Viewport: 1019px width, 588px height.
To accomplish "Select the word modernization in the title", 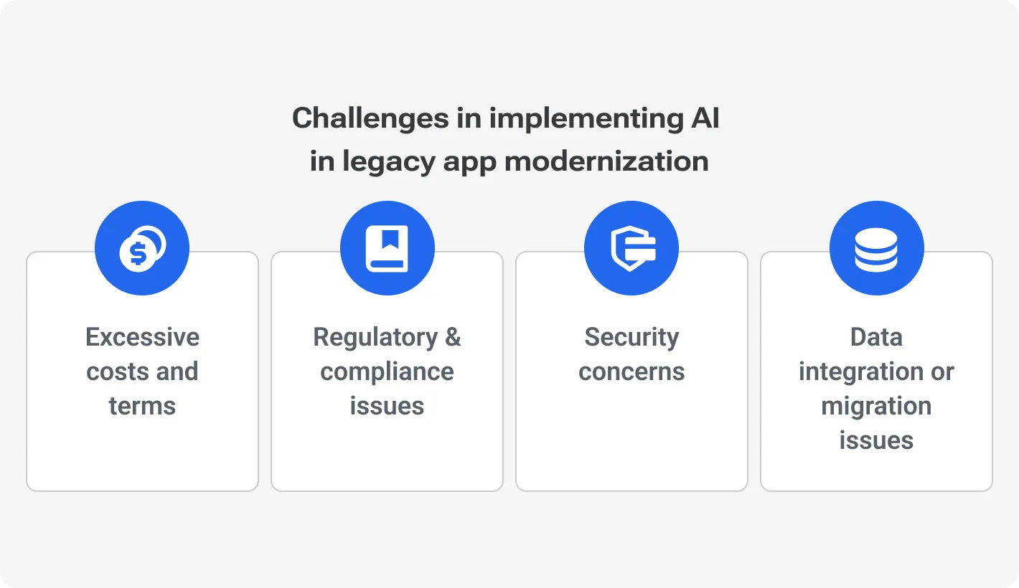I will [x=606, y=161].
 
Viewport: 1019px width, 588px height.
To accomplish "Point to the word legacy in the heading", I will [x=388, y=162].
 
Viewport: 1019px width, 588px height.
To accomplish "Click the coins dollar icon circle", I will [x=142, y=248].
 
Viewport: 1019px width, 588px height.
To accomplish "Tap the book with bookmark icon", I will [x=388, y=248].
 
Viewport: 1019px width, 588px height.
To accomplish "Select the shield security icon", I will [x=631, y=248].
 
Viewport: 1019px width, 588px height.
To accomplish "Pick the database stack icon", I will [x=876, y=248].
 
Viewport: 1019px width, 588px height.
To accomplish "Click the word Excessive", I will [x=142, y=337].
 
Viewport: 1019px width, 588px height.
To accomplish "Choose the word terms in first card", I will [x=142, y=406].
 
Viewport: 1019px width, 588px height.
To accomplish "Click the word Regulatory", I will [x=375, y=337].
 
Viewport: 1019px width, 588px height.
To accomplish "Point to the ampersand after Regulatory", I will [x=453, y=337].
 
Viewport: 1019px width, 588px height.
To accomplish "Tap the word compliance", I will [x=388, y=371].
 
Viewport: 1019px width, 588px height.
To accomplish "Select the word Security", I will [x=631, y=337].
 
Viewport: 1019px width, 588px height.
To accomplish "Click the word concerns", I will [x=631, y=371].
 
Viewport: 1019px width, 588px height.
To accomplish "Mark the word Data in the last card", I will [x=876, y=337].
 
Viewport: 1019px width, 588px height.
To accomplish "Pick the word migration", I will [x=876, y=406].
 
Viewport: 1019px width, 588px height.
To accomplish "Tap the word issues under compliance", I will [x=388, y=406].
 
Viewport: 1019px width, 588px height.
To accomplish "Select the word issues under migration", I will [x=876, y=440].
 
